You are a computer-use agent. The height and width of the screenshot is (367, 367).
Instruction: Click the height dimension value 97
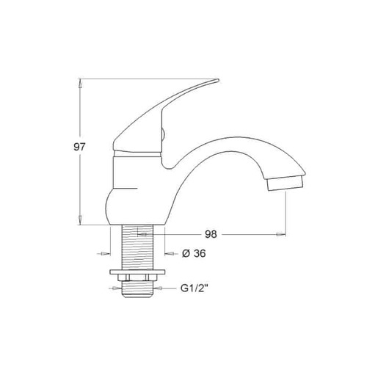point(79,147)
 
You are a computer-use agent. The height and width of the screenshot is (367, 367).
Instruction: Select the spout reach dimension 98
point(211,234)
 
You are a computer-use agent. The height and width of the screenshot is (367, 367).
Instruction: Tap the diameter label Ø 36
point(194,253)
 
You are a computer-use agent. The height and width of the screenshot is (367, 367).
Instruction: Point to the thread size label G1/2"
point(195,288)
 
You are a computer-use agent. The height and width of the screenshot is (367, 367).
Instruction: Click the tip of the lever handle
point(217,79)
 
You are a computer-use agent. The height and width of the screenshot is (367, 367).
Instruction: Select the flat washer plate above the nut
point(137,272)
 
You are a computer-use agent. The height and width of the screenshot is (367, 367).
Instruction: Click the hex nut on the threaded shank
point(137,277)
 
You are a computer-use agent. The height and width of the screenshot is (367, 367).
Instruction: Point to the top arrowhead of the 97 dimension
point(80,84)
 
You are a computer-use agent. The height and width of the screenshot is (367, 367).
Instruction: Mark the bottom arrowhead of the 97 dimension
point(80,220)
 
